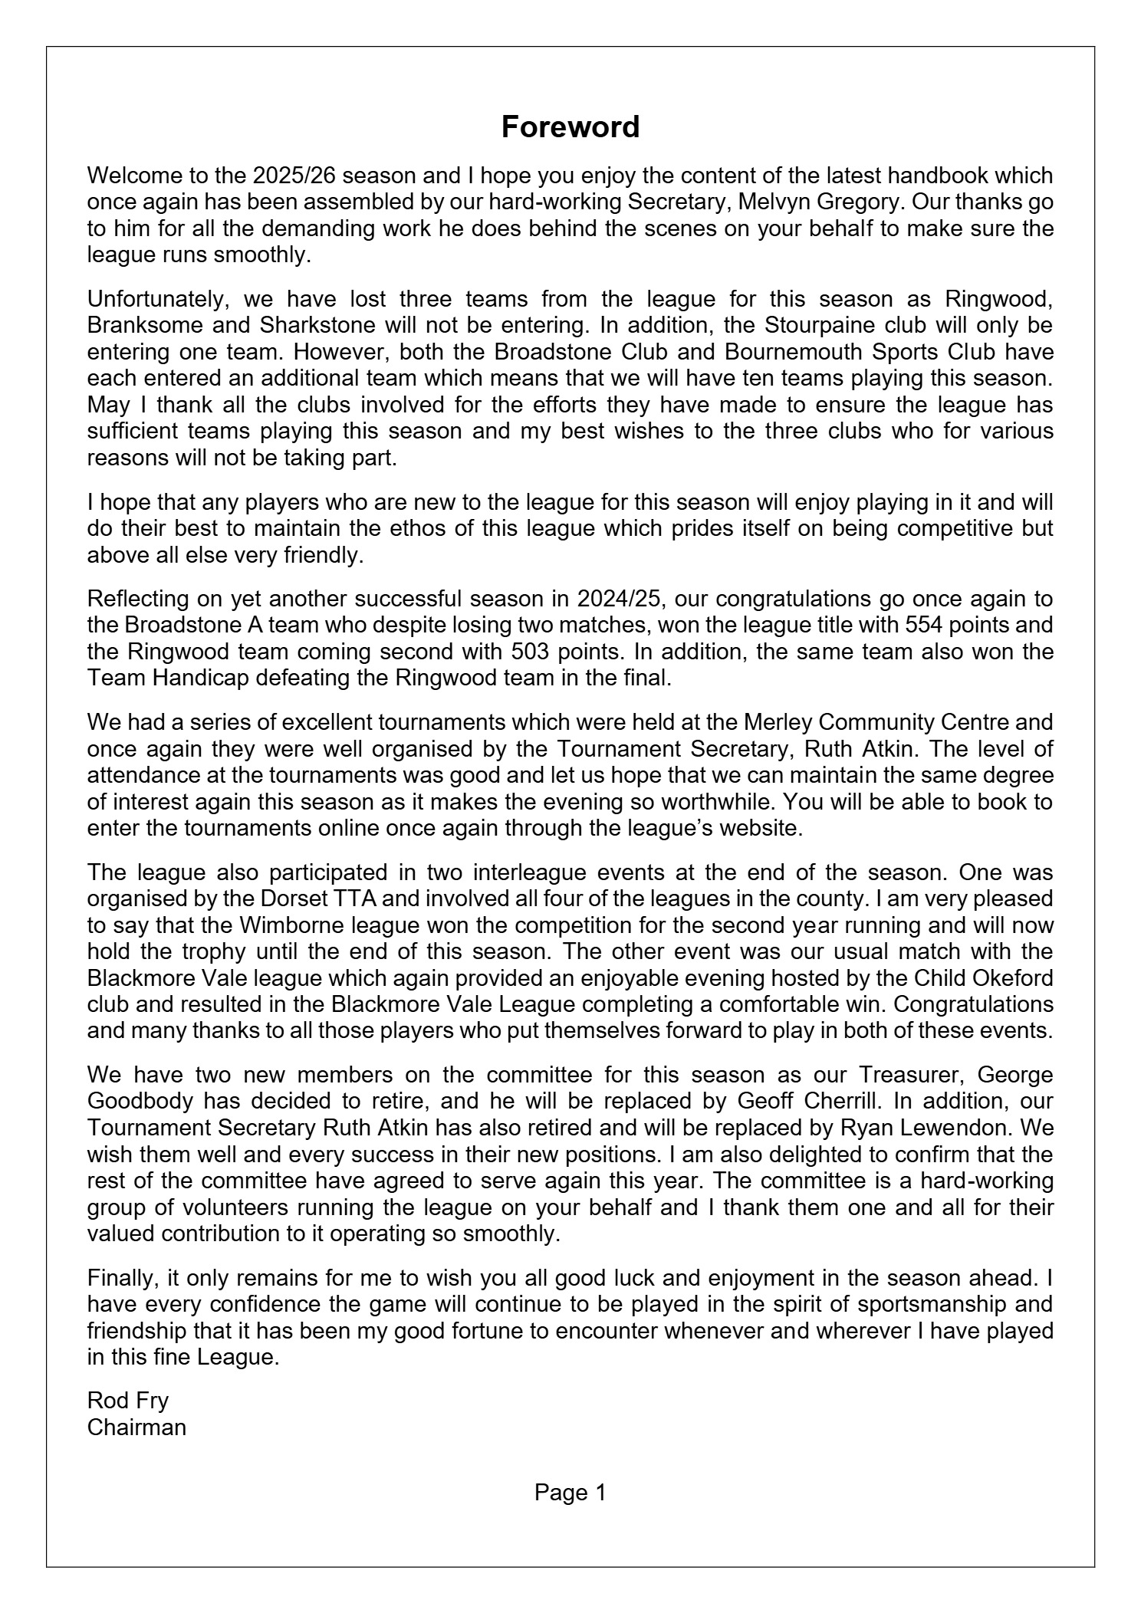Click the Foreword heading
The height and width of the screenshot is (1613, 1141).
tap(570, 127)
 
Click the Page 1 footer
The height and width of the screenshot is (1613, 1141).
tap(570, 1493)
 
